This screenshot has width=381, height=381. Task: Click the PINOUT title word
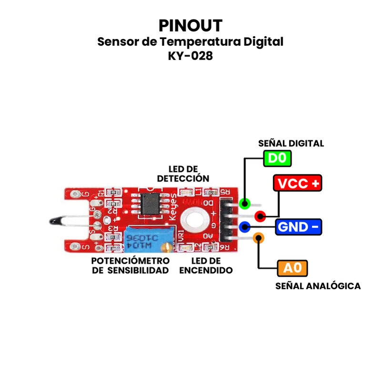tap(190, 25)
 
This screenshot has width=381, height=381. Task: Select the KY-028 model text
tap(190, 55)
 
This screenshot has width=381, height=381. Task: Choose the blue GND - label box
tap(299, 227)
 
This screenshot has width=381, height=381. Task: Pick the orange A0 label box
tap(292, 268)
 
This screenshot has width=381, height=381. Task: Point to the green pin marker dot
tap(245, 204)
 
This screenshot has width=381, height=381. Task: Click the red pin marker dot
tap(260, 216)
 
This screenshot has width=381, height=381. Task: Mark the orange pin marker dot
tap(258, 237)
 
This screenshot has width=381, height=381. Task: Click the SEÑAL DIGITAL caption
tap(291, 143)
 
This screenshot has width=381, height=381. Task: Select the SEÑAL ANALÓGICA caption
tap(318, 286)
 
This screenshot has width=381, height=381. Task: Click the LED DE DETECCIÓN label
tap(183, 174)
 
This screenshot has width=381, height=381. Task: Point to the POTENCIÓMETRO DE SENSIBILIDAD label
tap(130, 266)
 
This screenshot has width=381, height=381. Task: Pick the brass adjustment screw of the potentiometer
tap(166, 247)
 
